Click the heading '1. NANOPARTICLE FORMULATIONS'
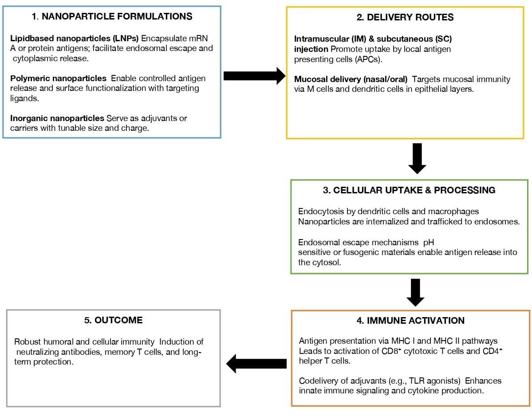[112, 17]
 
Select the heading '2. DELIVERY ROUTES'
[405, 17]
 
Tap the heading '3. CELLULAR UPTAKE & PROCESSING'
[409, 190]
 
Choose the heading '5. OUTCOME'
[113, 320]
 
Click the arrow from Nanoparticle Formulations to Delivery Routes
[254, 76]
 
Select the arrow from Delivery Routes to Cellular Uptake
[417, 158]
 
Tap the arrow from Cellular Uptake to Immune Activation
[415, 292]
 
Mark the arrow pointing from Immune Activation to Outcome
[256, 364]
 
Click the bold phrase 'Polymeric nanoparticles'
[58, 78]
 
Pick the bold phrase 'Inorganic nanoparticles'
[57, 118]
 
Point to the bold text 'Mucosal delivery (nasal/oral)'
[351, 79]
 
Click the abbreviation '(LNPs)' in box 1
[127, 38]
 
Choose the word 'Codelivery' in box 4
[319, 381]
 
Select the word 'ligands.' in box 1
[25, 98]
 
